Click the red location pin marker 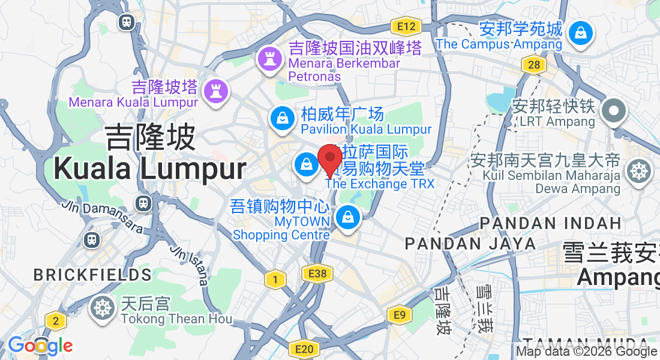click(329, 159)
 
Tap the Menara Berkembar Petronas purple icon click(269, 59)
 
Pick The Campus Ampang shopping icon click(580, 33)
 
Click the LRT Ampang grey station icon click(614, 110)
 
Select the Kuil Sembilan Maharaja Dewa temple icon click(638, 172)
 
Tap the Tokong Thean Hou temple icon click(103, 308)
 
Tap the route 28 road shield click(533, 64)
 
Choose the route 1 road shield click(275, 279)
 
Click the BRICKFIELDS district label click(92, 275)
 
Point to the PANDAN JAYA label click(470, 244)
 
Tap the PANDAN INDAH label click(550, 223)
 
